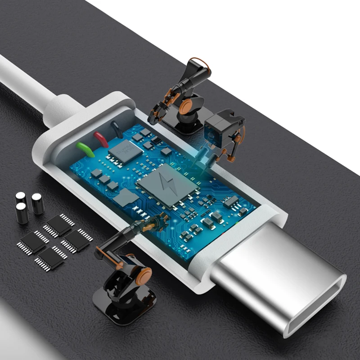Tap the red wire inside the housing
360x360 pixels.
point(101,139)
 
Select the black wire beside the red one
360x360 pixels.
point(116,130)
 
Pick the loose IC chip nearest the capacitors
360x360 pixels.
point(59,225)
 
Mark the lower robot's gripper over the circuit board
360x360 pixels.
point(155,223)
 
